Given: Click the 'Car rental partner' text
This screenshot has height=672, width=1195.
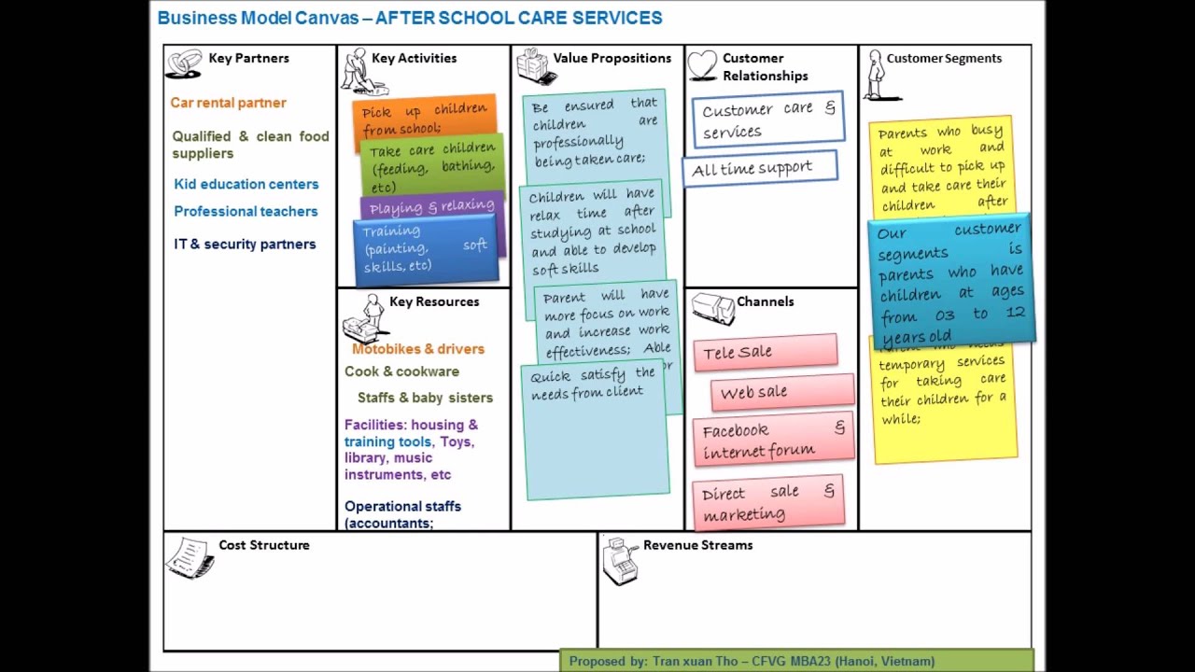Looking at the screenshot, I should (x=228, y=103).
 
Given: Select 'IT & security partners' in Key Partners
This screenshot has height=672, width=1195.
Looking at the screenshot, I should (x=245, y=244).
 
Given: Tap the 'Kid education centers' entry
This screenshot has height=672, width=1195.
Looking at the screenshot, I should (x=246, y=184).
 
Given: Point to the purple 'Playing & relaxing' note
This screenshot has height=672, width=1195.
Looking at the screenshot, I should (x=431, y=206).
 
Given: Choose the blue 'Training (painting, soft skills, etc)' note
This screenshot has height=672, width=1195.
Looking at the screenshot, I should (x=425, y=248).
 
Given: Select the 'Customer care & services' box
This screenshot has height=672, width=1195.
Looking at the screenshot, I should (x=768, y=120).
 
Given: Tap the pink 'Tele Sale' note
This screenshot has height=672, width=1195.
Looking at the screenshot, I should (x=765, y=352).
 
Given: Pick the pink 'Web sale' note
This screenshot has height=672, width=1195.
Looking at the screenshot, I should (x=781, y=392).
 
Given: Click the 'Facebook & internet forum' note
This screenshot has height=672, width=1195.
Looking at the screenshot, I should (x=773, y=440).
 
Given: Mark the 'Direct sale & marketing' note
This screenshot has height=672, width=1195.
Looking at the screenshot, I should (x=768, y=503).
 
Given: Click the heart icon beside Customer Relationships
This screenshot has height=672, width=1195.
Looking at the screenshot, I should (x=702, y=65).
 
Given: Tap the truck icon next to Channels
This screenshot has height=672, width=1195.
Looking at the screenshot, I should (x=713, y=309).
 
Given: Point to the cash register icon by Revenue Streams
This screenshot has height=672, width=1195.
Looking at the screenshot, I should (x=619, y=560).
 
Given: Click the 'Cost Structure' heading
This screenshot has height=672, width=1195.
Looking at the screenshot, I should (x=263, y=545).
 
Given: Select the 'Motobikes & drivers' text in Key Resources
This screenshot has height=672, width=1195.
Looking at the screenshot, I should (x=417, y=349).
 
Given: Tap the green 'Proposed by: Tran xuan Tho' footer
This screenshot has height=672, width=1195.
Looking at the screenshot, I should (x=796, y=661).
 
